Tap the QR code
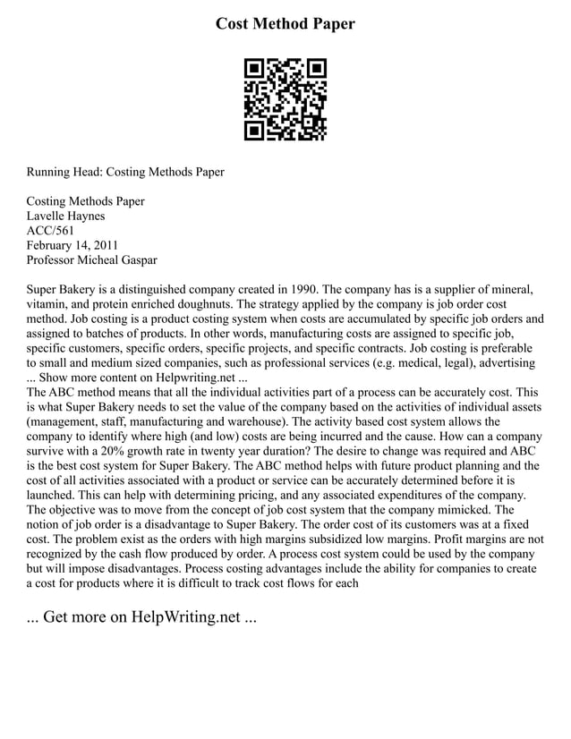285,100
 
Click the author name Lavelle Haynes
65,217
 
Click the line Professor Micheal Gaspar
91,260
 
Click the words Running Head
62,172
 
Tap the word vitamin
47,304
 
